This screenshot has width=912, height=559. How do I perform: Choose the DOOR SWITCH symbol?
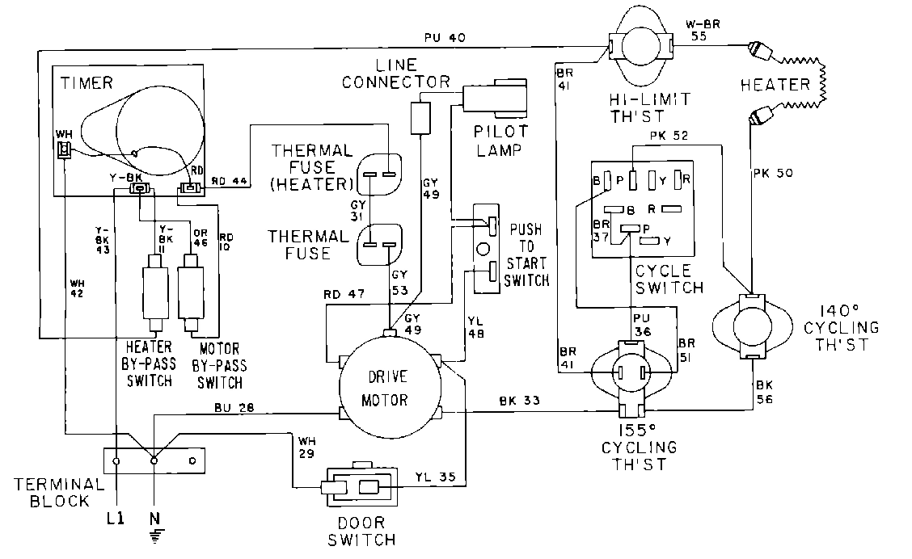(x=357, y=487)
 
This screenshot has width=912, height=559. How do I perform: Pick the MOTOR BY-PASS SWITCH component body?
(x=193, y=288)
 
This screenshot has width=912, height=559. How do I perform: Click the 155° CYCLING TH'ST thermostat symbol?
(x=632, y=373)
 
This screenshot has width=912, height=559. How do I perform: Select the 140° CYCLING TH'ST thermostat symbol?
(x=752, y=326)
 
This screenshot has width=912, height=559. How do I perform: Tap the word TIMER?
(x=86, y=82)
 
